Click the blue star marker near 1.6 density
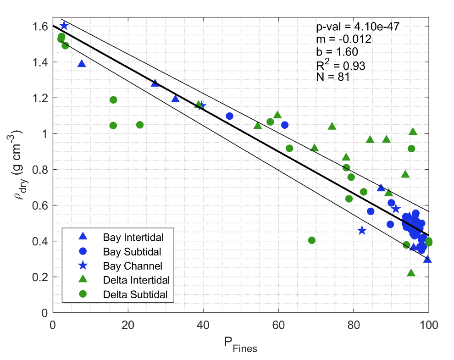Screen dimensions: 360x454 pyautogui.click(x=64, y=26)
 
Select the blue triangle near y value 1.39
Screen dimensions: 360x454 pyautogui.click(x=82, y=64)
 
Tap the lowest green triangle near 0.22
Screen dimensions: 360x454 pyautogui.click(x=411, y=273)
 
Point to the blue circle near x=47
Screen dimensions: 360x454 pyautogui.click(x=230, y=116)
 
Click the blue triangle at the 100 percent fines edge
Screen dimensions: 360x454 pyautogui.click(x=427, y=259)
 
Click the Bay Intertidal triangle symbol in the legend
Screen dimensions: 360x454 pyautogui.click(x=83, y=237)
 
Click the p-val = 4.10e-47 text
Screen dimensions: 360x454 pyautogui.click(x=353, y=27)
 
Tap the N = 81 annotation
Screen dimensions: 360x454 pyautogui.click(x=333, y=77)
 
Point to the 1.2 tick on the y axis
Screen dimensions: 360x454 pyautogui.click(x=40, y=98)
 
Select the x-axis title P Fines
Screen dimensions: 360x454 pyautogui.click(x=240, y=345)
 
